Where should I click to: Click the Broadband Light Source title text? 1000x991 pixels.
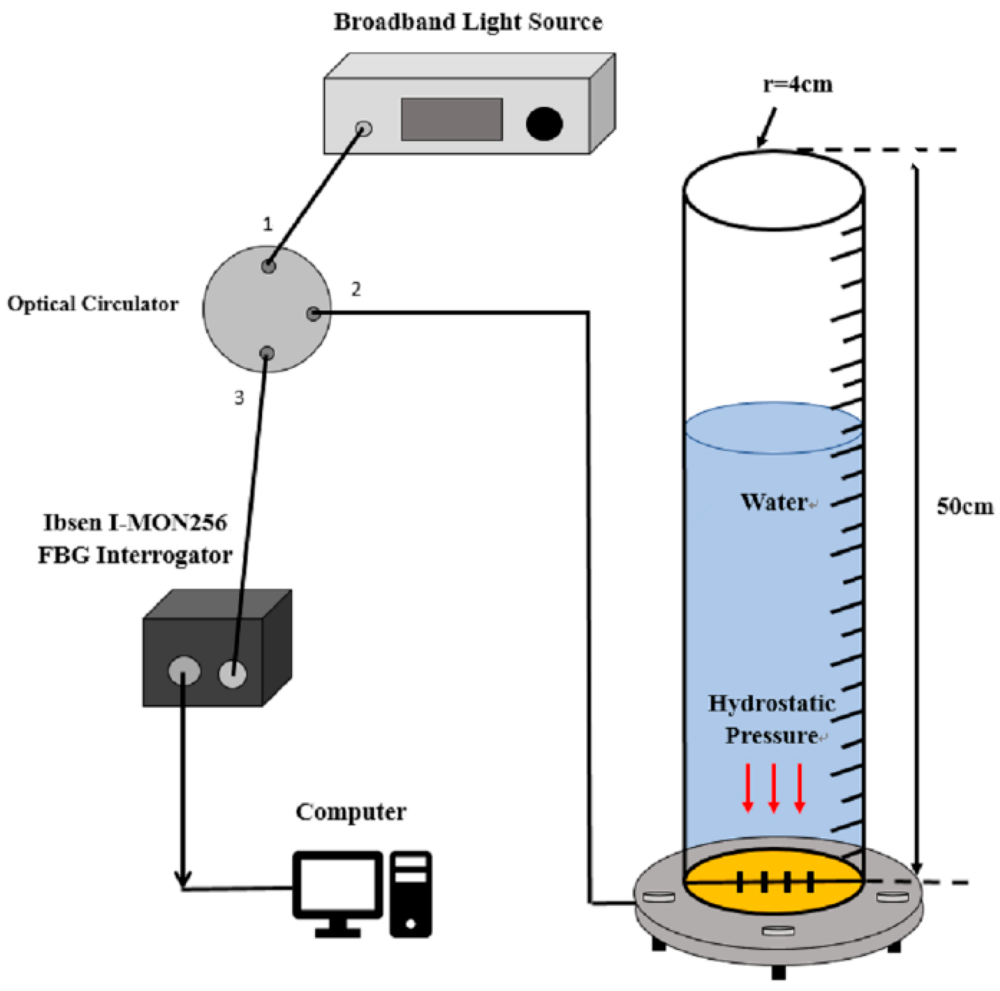click(467, 22)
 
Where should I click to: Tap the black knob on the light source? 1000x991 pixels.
click(543, 123)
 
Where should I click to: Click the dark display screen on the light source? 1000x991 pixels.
click(452, 119)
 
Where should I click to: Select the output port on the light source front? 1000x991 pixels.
click(364, 128)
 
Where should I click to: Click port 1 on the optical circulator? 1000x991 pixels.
click(268, 266)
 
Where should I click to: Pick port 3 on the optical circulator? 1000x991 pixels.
click(266, 353)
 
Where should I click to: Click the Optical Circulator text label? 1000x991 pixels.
click(93, 304)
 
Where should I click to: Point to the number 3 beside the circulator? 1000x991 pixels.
click(239, 397)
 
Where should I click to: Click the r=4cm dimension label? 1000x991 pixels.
click(798, 85)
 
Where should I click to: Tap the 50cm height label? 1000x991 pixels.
click(965, 506)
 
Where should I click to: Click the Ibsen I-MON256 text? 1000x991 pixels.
click(135, 523)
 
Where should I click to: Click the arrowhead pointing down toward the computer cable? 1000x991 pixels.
click(183, 879)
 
